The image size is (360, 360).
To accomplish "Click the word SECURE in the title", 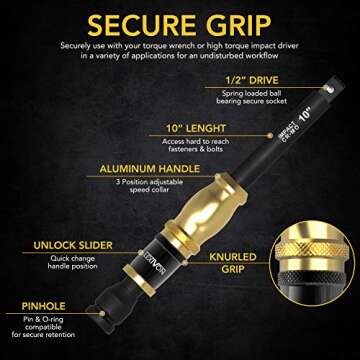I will [x=138, y=22].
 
